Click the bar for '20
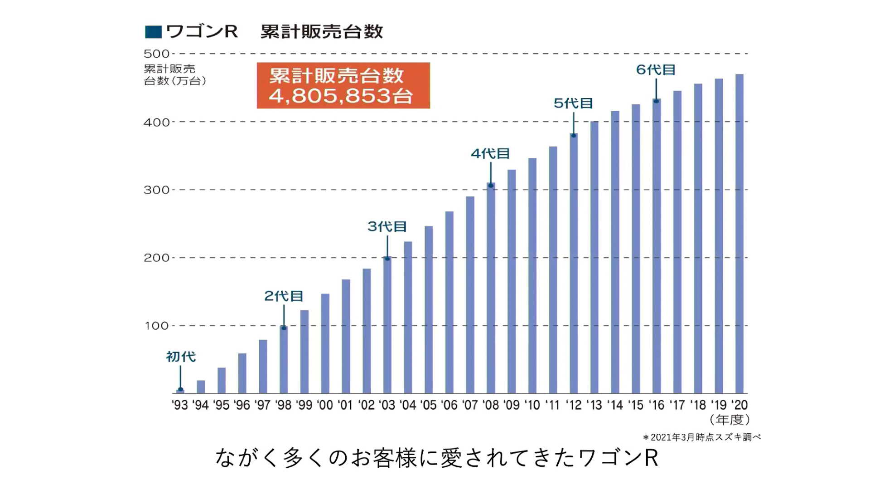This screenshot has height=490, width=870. click(x=739, y=234)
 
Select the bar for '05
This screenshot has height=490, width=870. click(x=428, y=309)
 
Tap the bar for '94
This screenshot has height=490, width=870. click(x=201, y=387)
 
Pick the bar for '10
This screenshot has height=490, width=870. click(x=532, y=275)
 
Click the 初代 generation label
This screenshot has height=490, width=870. click(x=181, y=357)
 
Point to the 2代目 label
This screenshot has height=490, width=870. click(x=284, y=296)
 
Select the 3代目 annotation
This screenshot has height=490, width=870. click(x=387, y=226)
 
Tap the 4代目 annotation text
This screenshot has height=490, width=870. click(x=490, y=154)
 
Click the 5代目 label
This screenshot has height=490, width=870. click(x=573, y=103)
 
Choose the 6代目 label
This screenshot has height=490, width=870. click(x=656, y=70)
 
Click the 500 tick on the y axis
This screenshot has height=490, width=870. click(x=156, y=54)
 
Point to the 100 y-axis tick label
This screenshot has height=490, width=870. click(x=156, y=326)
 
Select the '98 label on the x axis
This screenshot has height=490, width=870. click(x=283, y=405)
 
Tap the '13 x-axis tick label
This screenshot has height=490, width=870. click(x=594, y=405)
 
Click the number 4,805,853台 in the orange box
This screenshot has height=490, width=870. click(x=341, y=96)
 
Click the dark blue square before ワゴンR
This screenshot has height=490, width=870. click(x=153, y=32)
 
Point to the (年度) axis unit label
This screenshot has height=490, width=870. click(x=729, y=420)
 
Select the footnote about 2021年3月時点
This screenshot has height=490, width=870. click(x=701, y=437)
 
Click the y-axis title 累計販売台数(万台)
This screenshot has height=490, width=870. click(x=174, y=75)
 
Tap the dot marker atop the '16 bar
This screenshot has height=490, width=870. click(x=656, y=101)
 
